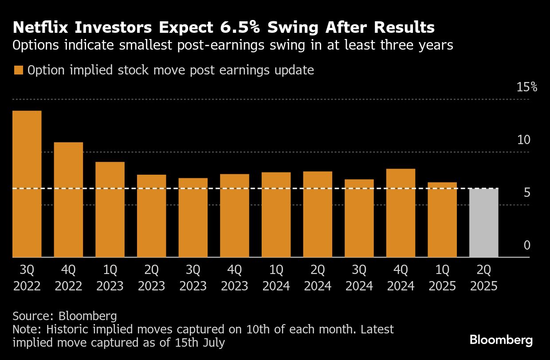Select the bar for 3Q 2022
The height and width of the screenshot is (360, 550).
coord(27,184)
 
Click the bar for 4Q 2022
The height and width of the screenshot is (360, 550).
coord(68,200)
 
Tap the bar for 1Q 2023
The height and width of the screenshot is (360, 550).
coord(110,209)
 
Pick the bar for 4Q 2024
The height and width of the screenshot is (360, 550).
coord(401,213)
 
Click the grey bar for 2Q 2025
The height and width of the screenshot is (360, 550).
coord(483,223)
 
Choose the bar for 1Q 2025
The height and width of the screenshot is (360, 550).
coord(442,219)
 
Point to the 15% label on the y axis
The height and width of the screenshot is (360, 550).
coord(527,87)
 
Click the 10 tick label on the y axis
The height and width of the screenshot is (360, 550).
coord(524,140)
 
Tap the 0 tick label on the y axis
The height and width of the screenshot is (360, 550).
coord(527,245)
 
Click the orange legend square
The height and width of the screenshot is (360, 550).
coord(18,70)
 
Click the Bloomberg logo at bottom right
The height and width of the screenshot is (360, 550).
coord(501,340)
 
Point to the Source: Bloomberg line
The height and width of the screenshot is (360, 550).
coord(65,316)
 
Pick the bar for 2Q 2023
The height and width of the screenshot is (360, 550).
coord(151,216)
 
